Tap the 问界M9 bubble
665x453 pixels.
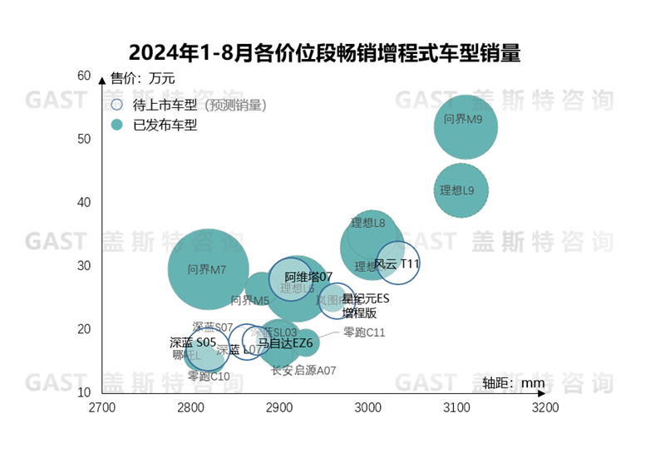(465, 126)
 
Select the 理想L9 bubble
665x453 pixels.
(461, 190)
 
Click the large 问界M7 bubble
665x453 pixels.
(209, 268)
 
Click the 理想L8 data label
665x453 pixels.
(367, 223)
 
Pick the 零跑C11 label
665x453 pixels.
(364, 332)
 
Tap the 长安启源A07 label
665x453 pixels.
(303, 371)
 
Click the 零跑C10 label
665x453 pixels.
(209, 376)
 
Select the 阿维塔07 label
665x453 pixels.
(308, 277)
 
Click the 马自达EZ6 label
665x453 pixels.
(284, 342)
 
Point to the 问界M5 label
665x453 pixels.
(249, 300)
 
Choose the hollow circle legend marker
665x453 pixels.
(117, 106)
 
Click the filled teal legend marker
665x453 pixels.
(117, 126)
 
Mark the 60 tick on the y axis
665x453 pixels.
(84, 76)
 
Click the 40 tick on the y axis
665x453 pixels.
(84, 202)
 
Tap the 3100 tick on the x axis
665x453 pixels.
(456, 408)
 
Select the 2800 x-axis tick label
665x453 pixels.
(190, 408)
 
